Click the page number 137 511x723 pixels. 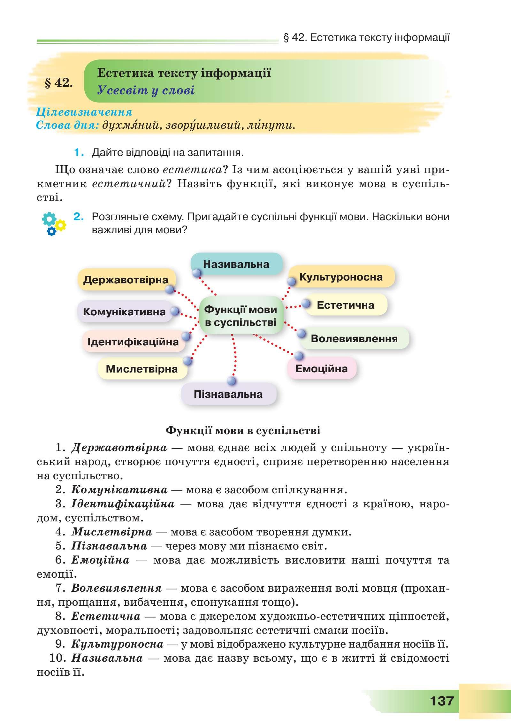[x=442, y=699]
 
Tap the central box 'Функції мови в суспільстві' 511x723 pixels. [x=241, y=316]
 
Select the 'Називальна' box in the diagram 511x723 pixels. [x=236, y=264]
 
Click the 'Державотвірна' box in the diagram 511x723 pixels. [x=126, y=280]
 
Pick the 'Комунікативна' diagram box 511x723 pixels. [x=125, y=312]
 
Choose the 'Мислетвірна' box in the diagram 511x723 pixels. [x=142, y=369]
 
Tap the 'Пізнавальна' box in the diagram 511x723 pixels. [x=228, y=394]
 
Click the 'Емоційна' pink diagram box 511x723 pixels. [x=321, y=368]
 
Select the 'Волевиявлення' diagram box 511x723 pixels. [x=354, y=338]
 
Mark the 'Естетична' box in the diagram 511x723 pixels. [x=346, y=305]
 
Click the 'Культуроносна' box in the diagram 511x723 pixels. [x=341, y=277]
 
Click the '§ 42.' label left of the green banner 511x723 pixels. [x=59, y=82]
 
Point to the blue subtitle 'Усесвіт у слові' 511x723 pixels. [x=146, y=90]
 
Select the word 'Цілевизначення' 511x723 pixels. [x=84, y=112]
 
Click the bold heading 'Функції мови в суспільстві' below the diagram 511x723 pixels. [x=243, y=430]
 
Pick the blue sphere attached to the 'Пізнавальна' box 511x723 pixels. [x=232, y=381]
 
